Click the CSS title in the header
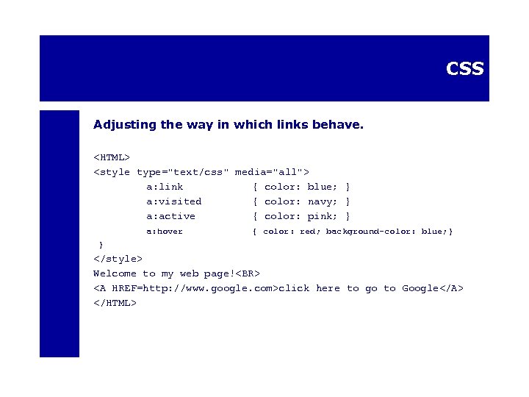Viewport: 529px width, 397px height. tap(464, 68)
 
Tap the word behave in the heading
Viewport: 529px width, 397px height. tap(339, 124)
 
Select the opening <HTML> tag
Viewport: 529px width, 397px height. tap(112, 157)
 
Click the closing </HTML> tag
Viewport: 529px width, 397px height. tap(115, 302)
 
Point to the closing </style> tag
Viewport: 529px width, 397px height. tap(118, 258)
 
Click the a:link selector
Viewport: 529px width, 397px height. tap(165, 187)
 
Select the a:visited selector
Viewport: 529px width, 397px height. tap(173, 201)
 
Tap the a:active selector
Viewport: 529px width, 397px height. tap(170, 216)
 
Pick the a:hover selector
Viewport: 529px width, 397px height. tap(165, 232)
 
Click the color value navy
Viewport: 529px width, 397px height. tap(323, 201)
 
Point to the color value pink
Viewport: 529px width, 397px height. tap(323, 216)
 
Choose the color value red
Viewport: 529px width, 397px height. tap(309, 232)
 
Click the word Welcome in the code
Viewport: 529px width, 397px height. tap(115, 273)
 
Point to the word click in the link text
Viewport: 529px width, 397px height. tap(294, 288)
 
